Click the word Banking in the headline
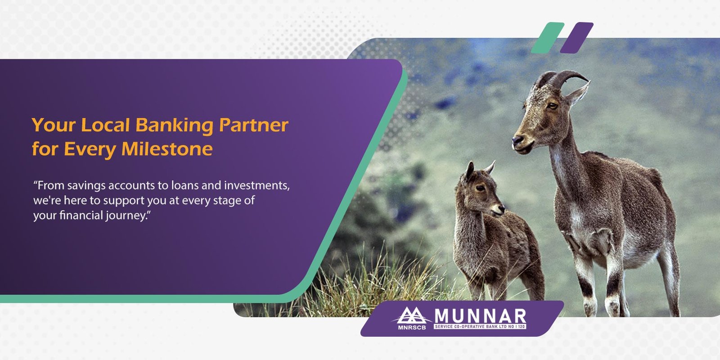coord(174,126)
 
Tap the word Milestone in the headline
coord(167,149)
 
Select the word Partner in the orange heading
coord(254,125)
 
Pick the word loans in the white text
coord(184,185)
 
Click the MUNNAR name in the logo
coord(480,316)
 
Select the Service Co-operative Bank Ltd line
coord(480,327)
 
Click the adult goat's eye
coord(552,105)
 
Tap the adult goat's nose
coord(517,140)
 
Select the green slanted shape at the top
coord(548,38)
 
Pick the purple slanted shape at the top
coord(576,38)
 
